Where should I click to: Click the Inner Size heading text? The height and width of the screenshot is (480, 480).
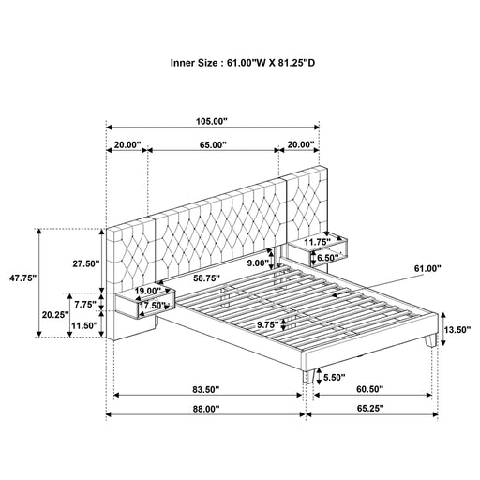(x=243, y=63)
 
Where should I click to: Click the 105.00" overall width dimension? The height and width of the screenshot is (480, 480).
(x=212, y=121)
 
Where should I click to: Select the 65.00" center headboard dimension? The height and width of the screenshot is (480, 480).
(x=213, y=144)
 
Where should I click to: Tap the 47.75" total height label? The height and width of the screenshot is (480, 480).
(x=22, y=277)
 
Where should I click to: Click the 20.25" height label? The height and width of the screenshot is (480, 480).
(x=55, y=314)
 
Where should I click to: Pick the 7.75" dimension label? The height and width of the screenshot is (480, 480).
(x=85, y=304)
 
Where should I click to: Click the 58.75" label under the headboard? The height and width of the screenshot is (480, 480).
(x=206, y=278)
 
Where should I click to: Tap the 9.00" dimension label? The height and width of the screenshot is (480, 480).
(x=258, y=262)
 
